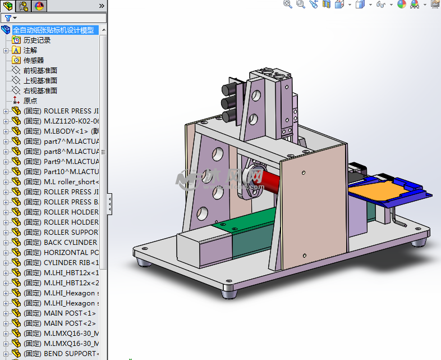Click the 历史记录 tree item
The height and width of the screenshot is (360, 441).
(x=36, y=40)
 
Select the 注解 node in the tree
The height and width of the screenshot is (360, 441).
(x=30, y=51)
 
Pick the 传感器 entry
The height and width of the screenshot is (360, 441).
(x=33, y=61)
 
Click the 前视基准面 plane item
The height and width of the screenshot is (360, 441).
(x=40, y=71)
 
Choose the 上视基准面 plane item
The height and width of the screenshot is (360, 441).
(x=40, y=81)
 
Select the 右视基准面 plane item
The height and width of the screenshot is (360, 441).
(x=40, y=91)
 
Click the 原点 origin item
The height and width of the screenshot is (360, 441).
(x=30, y=101)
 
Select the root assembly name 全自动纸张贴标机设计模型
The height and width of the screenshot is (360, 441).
(x=53, y=30)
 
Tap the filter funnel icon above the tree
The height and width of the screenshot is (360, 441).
(x=8, y=18)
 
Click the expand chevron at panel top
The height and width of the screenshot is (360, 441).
(x=102, y=6)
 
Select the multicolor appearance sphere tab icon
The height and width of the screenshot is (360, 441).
(x=39, y=6)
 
